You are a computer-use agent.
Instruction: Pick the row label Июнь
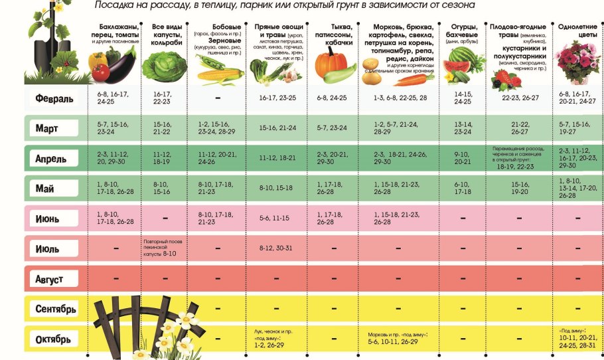coord(48,219)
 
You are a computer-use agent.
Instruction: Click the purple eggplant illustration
coord(122,66)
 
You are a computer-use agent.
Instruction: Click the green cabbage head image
coord(163,67)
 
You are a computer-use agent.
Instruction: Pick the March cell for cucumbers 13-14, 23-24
coord(462,128)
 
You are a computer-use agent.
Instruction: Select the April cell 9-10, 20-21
coord(462,158)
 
